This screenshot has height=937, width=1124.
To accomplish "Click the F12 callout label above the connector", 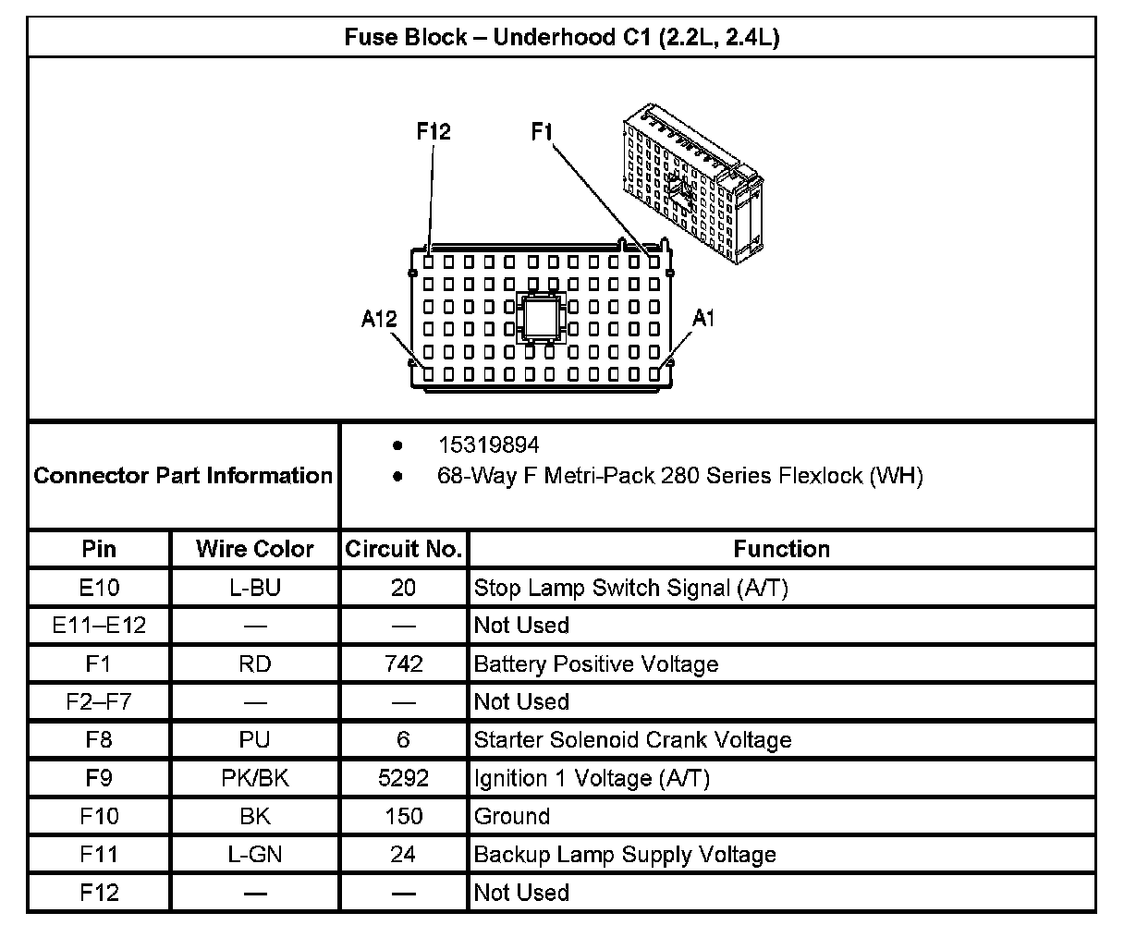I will point(433,132).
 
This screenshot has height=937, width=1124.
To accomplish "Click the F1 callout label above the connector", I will point(542,132).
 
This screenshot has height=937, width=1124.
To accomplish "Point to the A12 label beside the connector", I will point(379,320).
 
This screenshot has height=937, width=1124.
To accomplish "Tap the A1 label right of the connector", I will point(703,319).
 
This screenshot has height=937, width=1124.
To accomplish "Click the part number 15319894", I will point(488,445).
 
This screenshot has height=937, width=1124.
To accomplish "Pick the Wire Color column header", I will point(255,549).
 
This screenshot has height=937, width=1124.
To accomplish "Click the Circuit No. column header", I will point(403,549).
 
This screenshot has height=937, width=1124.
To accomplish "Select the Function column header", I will point(781,549).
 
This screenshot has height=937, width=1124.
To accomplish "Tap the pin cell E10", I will point(99,588).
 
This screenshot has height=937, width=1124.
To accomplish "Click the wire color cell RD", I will point(255,664).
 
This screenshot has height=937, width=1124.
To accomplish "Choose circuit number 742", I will point(403,664).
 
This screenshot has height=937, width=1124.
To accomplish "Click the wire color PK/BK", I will point(255,778).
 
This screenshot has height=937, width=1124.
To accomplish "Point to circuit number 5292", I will point(403,778).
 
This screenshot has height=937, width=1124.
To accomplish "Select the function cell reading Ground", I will point(512,817).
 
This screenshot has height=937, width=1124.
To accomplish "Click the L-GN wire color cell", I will point(255,855).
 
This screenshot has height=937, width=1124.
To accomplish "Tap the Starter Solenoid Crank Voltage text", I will point(632,740).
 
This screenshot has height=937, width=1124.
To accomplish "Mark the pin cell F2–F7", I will point(99,702).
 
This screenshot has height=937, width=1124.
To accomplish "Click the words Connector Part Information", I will point(183,476).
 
